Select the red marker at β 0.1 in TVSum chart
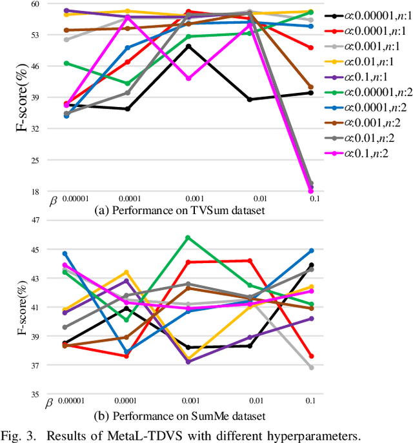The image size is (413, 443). click(310, 48)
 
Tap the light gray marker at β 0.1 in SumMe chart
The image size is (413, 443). click(310, 368)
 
